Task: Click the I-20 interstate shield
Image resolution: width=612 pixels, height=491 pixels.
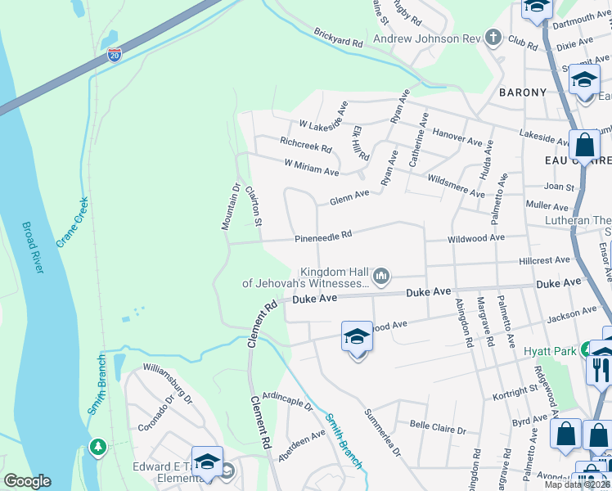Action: click(x=115, y=56)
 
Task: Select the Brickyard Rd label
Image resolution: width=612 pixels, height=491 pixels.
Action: click(x=337, y=37)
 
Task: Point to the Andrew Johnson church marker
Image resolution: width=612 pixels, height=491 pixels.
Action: click(x=493, y=37)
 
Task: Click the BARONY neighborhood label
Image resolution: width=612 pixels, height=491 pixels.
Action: click(x=523, y=92)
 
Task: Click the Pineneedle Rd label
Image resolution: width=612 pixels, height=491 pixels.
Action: click(x=323, y=235)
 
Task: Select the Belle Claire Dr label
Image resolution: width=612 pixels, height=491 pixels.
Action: click(x=438, y=428)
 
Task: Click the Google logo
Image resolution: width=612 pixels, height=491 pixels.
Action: click(x=27, y=481)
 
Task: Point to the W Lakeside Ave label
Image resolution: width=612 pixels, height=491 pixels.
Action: click(x=324, y=115)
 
